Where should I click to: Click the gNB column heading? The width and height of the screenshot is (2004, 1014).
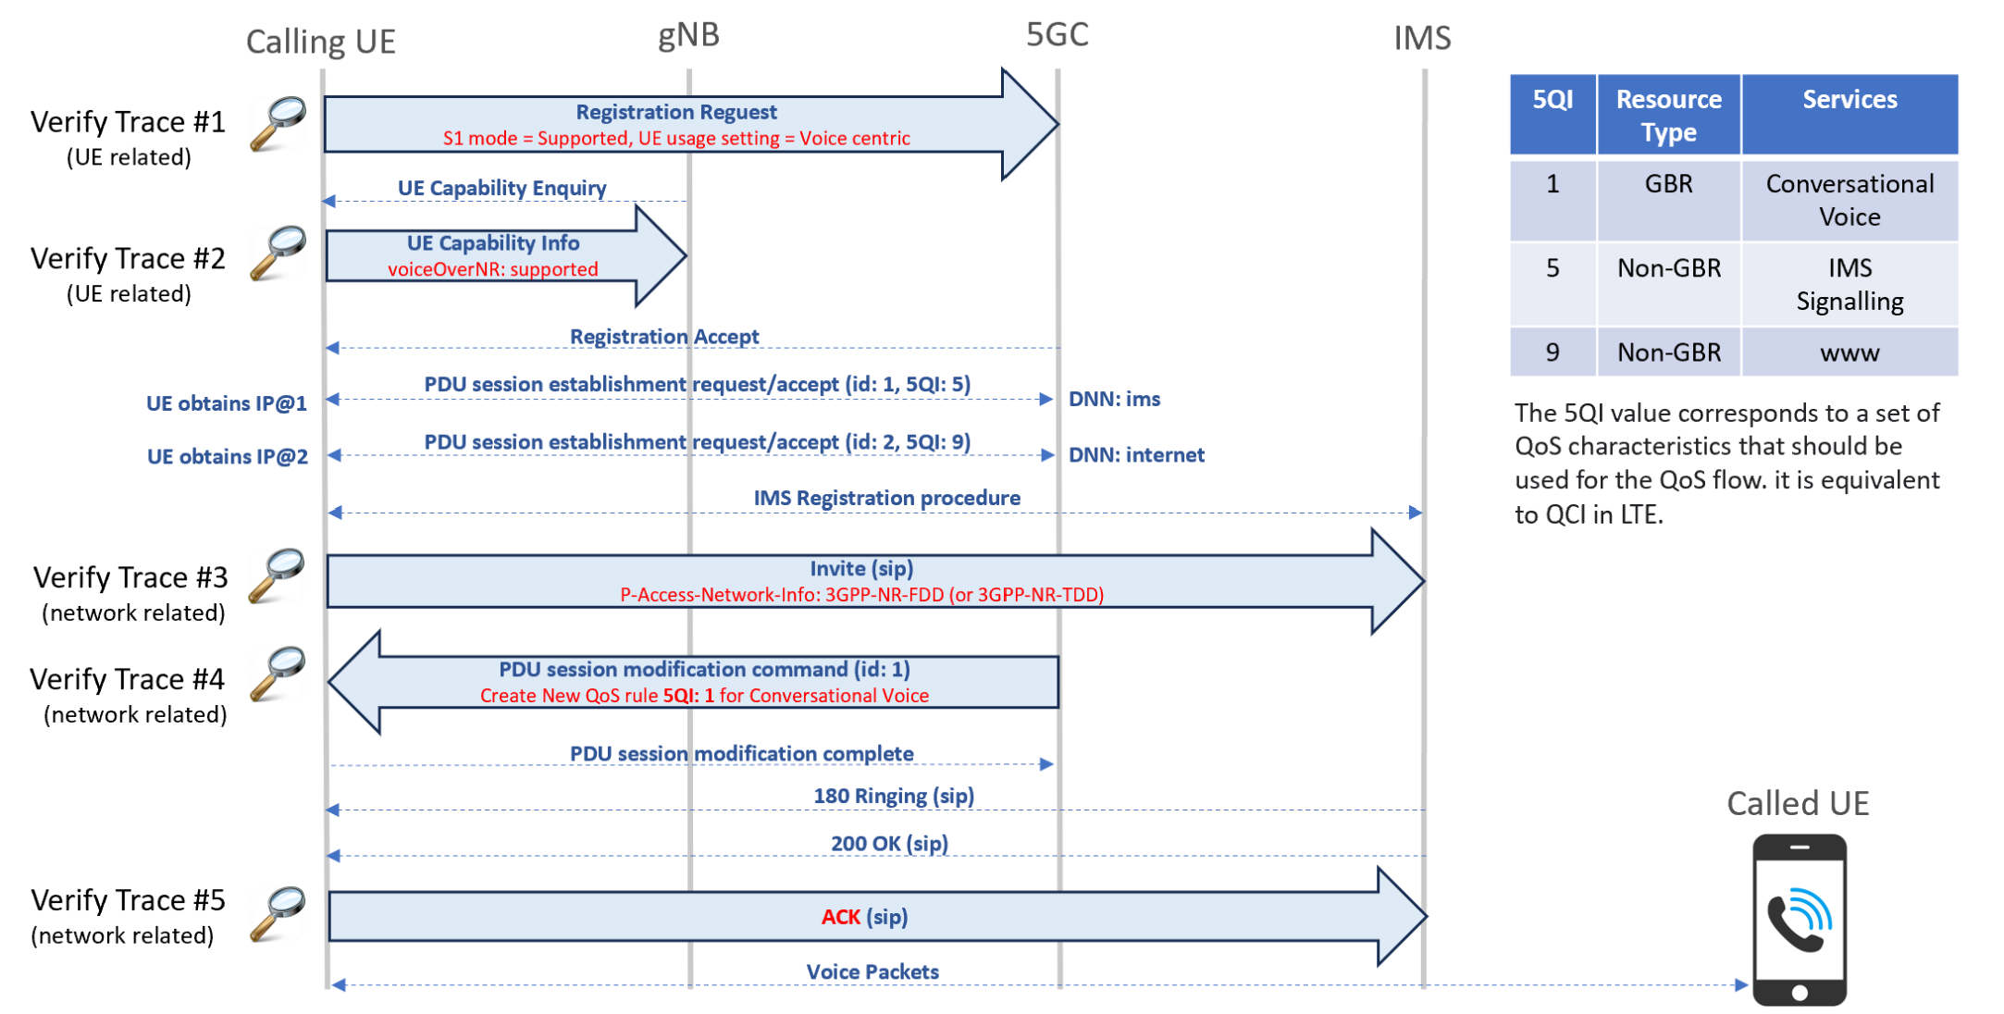pos(688,35)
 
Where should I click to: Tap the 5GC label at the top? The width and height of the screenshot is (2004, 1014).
pos(1057,34)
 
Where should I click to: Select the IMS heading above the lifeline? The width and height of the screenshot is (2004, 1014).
pos(1422,38)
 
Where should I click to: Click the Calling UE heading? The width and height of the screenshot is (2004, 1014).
pos(320,42)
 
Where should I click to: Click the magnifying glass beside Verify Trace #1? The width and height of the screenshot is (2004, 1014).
pos(278,123)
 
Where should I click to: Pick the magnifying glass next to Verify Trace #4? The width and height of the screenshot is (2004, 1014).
pos(278,673)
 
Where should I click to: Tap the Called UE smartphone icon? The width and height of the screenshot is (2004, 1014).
pos(1800,920)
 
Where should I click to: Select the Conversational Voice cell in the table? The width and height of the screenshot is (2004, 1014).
pos(1849,200)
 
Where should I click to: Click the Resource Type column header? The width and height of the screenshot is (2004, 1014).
pos(1668,115)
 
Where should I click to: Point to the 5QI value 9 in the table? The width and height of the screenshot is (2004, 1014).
pos(1552,352)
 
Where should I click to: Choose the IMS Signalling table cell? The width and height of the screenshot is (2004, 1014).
pos(1849,284)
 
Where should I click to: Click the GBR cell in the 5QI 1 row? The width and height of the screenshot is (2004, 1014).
pos(1668,183)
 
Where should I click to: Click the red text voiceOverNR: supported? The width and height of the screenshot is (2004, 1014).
pos(492,269)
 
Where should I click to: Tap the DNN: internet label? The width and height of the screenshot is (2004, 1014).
pos(1136,454)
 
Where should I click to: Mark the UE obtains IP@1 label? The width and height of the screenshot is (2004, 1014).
pos(226,403)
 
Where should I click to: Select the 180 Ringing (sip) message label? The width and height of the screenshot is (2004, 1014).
pos(893,796)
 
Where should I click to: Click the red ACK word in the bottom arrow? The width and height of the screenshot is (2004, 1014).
pos(840,917)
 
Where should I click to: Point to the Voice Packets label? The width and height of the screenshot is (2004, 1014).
pos(872,971)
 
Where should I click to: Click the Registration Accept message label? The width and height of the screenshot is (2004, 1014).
pos(664,337)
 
